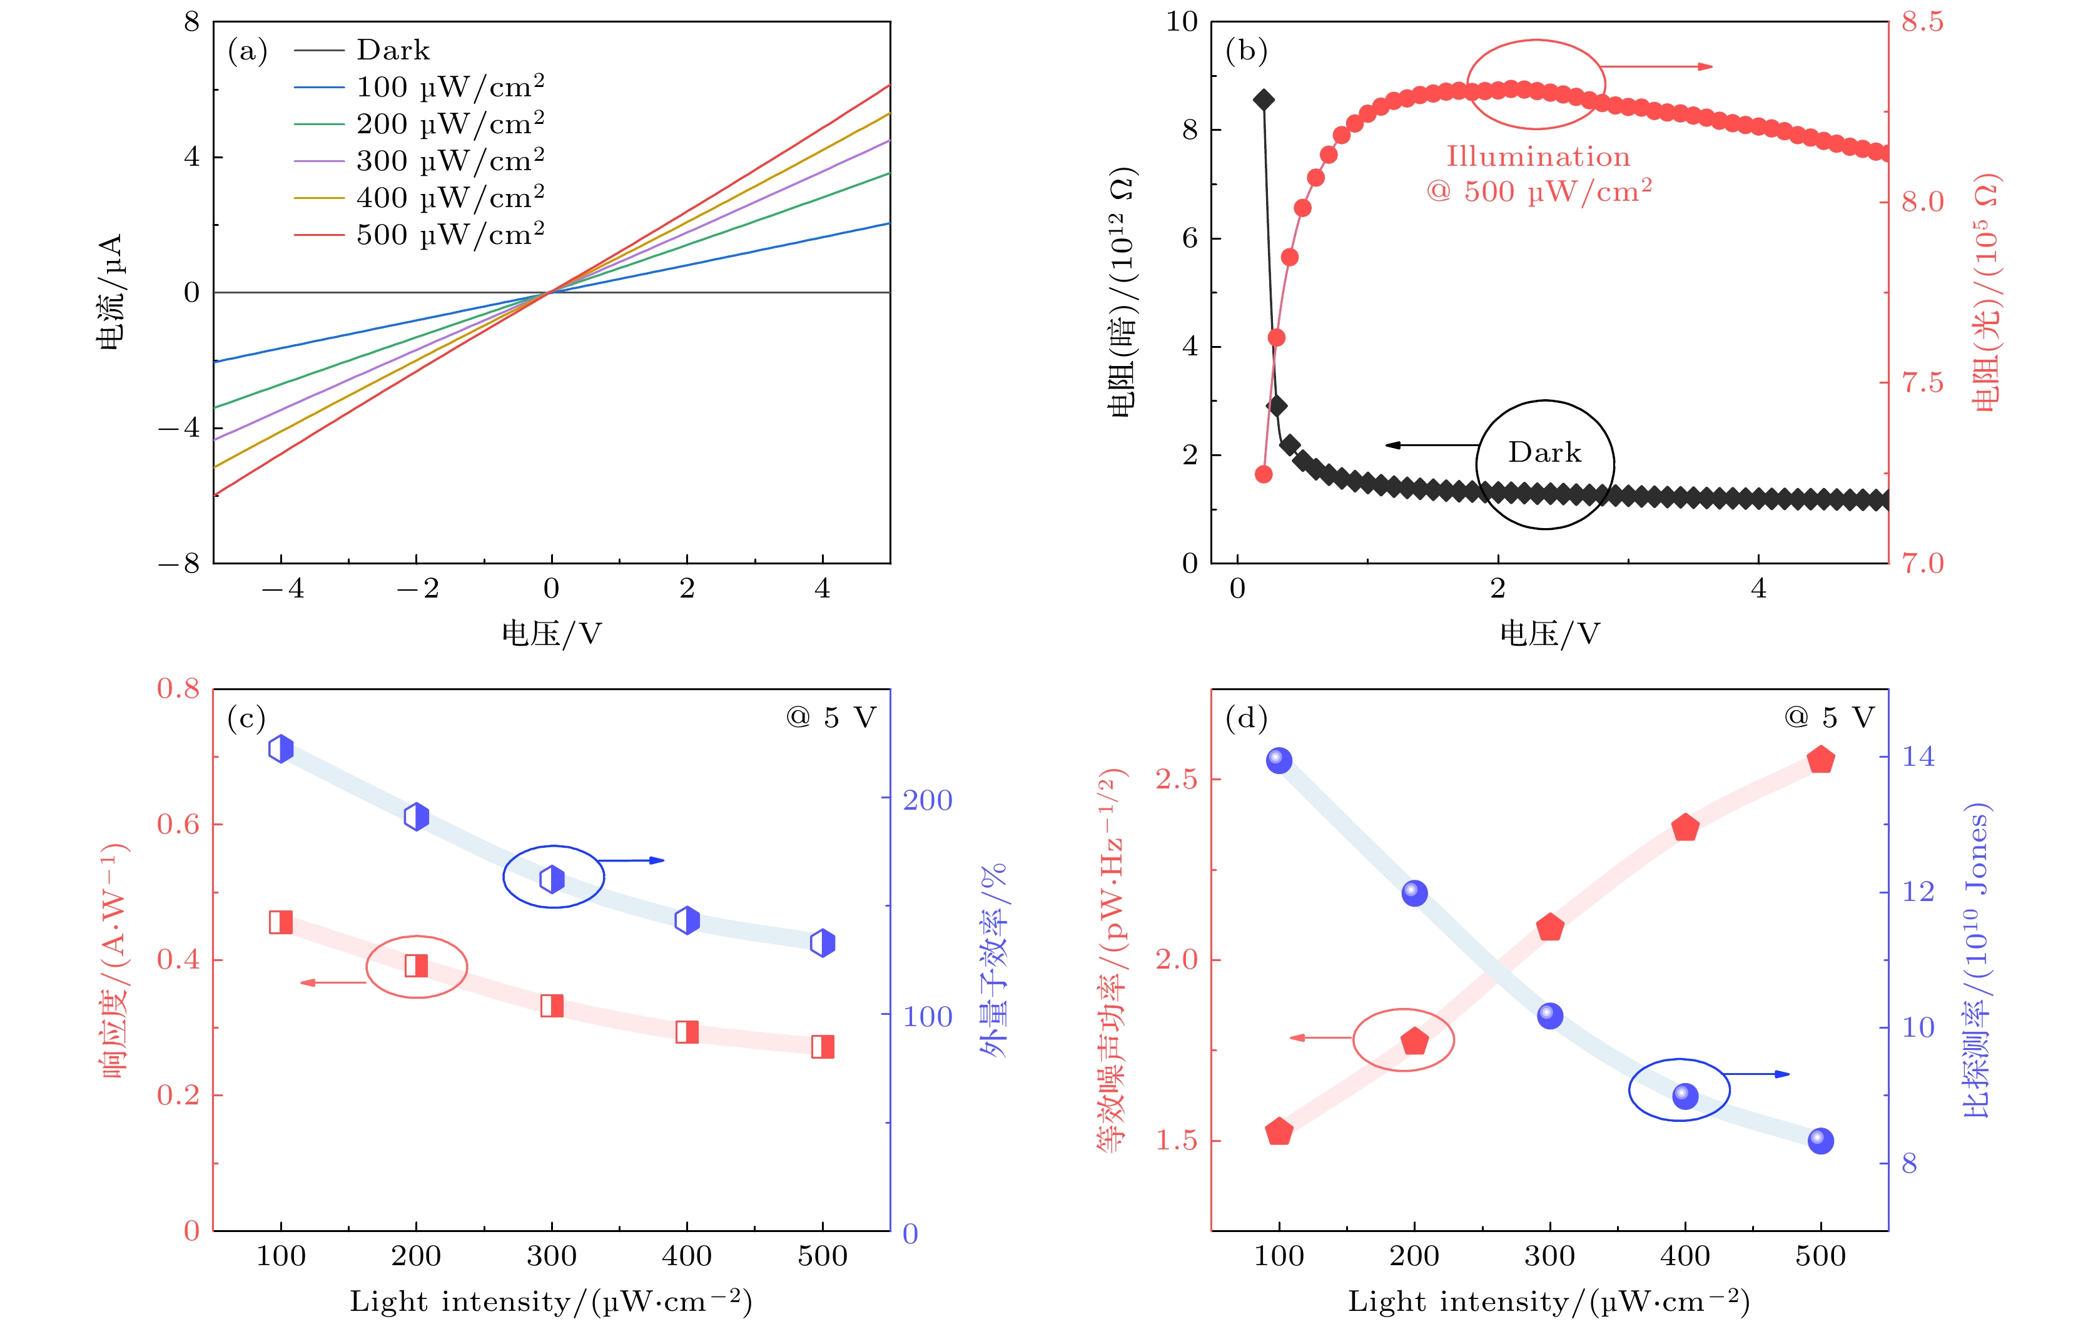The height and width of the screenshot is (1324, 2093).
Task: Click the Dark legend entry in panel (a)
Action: (393, 51)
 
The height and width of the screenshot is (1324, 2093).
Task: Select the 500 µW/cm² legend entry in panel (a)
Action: (449, 235)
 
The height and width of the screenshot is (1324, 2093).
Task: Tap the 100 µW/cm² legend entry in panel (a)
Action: (449, 87)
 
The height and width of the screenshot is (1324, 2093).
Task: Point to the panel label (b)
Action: (1245, 51)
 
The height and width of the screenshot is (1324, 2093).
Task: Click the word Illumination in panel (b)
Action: (1538, 156)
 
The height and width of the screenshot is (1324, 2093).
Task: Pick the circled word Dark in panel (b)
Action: (1544, 452)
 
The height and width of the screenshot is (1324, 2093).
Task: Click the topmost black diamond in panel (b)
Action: (1264, 100)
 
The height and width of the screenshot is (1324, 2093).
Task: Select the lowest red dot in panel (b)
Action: (1264, 474)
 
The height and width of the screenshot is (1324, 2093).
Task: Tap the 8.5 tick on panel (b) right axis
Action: (1922, 22)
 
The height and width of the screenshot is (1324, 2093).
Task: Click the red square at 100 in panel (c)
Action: (281, 922)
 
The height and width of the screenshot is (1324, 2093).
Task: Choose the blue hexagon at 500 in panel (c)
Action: (822, 942)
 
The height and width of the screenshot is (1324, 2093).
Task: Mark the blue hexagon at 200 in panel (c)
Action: (417, 817)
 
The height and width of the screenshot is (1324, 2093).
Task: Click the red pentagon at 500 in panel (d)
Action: (1820, 760)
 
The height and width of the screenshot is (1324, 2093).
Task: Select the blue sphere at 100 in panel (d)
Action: (1279, 760)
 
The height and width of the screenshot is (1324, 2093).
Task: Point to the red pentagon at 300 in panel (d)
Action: (1550, 927)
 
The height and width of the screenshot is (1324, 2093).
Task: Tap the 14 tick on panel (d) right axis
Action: (1917, 756)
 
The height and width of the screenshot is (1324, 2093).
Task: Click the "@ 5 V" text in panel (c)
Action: (831, 717)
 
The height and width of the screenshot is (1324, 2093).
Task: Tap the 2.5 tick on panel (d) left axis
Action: (1176, 779)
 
